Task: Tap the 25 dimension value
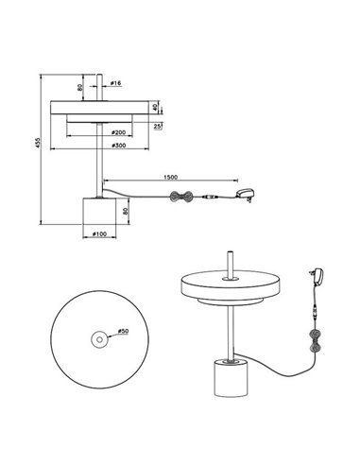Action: pyautogui.click(x=156, y=125)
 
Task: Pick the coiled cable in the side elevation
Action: pyautogui.click(x=180, y=197)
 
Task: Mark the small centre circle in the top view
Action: pyautogui.click(x=95, y=338)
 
